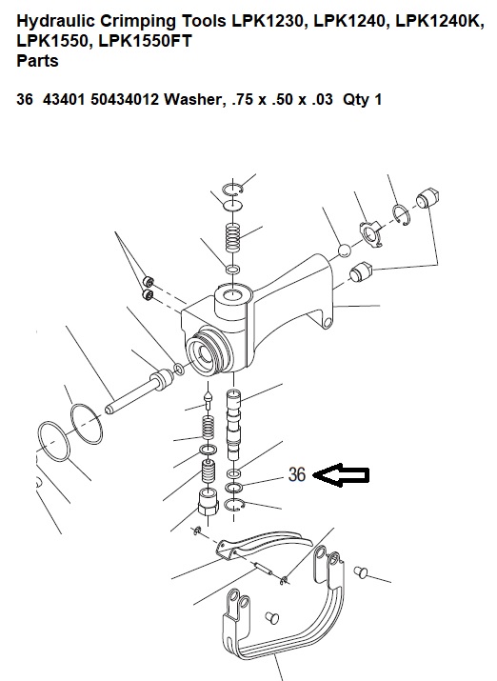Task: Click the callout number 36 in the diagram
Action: point(297,474)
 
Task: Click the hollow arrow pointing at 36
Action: point(341,475)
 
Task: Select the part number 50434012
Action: point(125,99)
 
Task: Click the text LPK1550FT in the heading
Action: point(146,41)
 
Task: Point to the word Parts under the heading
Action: point(37,61)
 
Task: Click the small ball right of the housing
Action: point(345,250)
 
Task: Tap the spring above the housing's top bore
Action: point(233,237)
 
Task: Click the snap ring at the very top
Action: point(231,190)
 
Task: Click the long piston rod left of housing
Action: point(139,391)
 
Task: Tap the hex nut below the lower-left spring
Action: point(207,502)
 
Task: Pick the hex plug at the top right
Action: point(427,198)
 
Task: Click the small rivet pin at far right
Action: point(361,572)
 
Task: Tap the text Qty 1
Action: point(362,99)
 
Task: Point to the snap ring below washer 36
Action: point(234,505)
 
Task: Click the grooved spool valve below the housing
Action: point(233,425)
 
